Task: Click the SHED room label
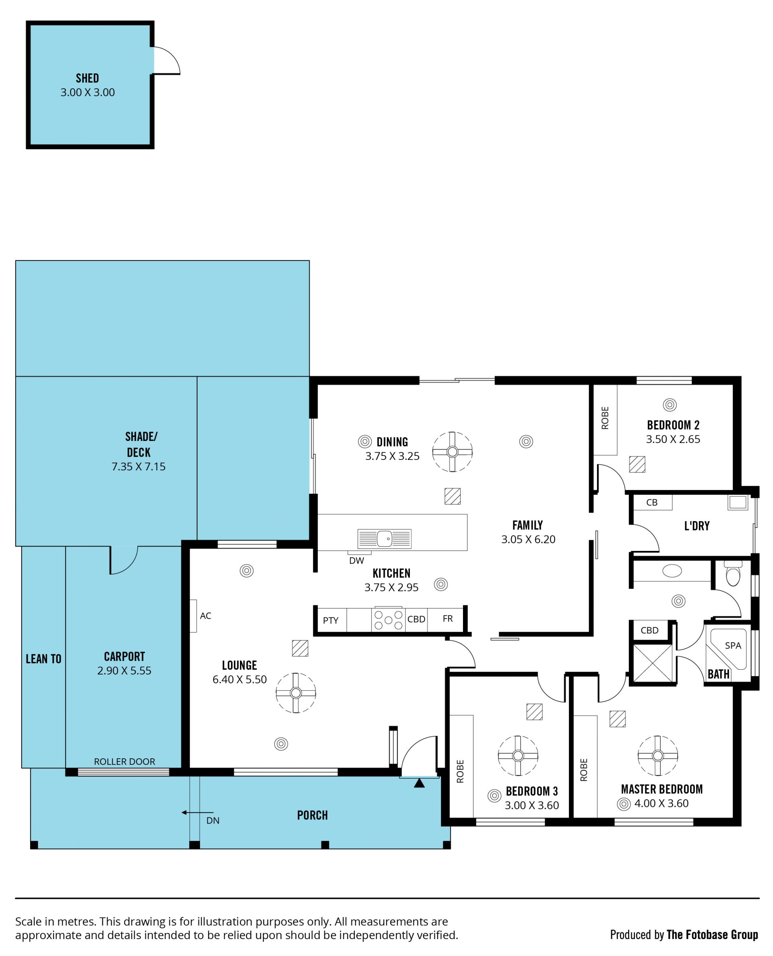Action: pos(87,79)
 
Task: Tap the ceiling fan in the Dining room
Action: pos(453,452)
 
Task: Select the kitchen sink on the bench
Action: pos(384,538)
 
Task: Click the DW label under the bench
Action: pos(357,561)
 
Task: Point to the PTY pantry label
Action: pos(331,621)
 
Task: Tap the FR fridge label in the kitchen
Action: pos(448,619)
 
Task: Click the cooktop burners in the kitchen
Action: pos(388,620)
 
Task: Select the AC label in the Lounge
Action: pos(205,616)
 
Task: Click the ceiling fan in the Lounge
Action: pos(296,693)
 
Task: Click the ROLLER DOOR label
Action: pos(125,762)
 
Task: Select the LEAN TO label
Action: pos(43,659)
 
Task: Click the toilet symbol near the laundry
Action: pos(733,574)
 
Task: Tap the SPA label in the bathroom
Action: pos(733,646)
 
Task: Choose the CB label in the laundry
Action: pos(652,503)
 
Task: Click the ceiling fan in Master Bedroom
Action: pos(658,755)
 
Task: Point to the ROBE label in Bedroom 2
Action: pos(605,418)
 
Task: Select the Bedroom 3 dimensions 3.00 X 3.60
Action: pos(532,805)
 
